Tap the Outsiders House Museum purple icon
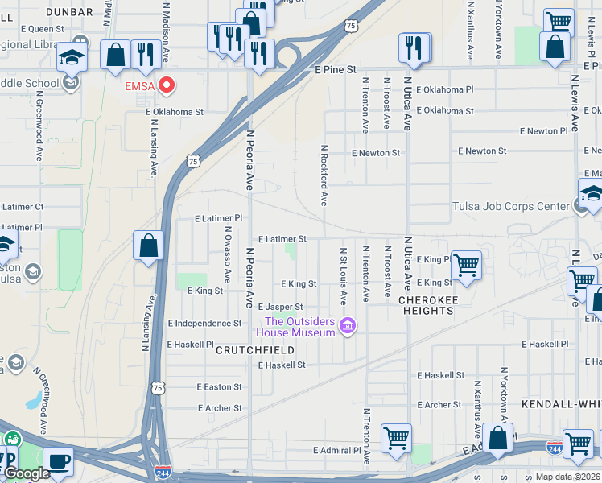pos(348,326)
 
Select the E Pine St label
pos(335,70)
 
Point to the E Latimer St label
pos(282,239)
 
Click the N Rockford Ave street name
pos(324,175)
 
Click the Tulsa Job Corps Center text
pos(510,207)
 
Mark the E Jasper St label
pos(279,307)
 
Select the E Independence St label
pos(204,324)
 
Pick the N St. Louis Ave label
pos(344,276)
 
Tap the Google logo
pos(27,473)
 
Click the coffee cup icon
pos(58,461)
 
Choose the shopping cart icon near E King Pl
pos(466,264)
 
